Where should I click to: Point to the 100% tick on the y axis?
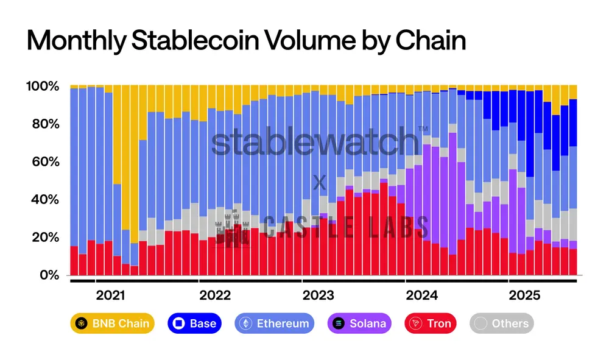(42, 86)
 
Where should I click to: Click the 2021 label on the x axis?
(111, 295)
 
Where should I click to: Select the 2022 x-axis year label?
(215, 295)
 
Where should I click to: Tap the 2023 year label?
(319, 295)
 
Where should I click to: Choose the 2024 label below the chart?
(422, 295)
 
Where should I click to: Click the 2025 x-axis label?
(525, 295)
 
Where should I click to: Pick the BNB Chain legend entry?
(113, 323)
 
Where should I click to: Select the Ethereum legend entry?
(275, 323)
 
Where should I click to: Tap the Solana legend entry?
(359, 323)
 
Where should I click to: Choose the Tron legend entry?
(431, 323)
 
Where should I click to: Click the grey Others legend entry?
(502, 323)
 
